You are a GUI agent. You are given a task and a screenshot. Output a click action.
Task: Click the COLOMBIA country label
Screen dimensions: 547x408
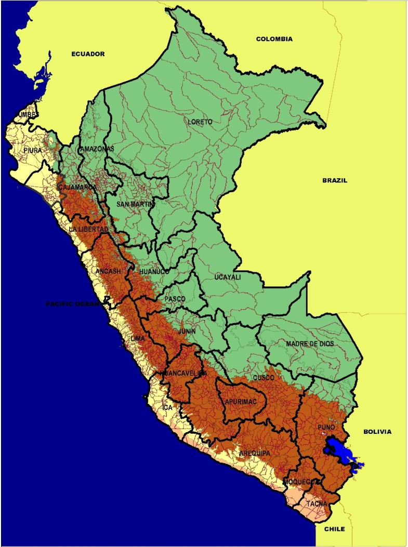click(274, 39)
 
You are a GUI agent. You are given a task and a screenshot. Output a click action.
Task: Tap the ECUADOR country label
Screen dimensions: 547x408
click(88, 54)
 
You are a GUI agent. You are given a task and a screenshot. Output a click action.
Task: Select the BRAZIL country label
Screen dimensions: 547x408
click(335, 180)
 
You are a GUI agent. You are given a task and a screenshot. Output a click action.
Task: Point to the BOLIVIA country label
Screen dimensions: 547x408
click(377, 432)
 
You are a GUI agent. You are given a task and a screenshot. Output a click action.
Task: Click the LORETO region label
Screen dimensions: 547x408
click(201, 122)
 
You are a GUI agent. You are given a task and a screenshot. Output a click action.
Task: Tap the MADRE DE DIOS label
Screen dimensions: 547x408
click(310, 344)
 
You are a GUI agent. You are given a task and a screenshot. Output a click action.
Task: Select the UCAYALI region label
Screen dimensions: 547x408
click(228, 277)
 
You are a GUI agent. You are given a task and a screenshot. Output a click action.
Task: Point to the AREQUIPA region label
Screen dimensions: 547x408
click(255, 453)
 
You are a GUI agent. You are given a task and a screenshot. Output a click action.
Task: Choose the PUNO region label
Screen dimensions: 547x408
click(326, 427)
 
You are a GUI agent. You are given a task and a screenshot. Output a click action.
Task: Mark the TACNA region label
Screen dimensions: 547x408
click(317, 504)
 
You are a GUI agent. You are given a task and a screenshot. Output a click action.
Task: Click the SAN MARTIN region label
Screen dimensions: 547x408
click(136, 204)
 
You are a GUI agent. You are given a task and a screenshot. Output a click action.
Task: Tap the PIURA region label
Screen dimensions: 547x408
click(33, 150)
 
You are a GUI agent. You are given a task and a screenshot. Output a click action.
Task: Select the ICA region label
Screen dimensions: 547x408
click(167, 408)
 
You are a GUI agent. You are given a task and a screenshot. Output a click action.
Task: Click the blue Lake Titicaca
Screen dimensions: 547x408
click(337, 450)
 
